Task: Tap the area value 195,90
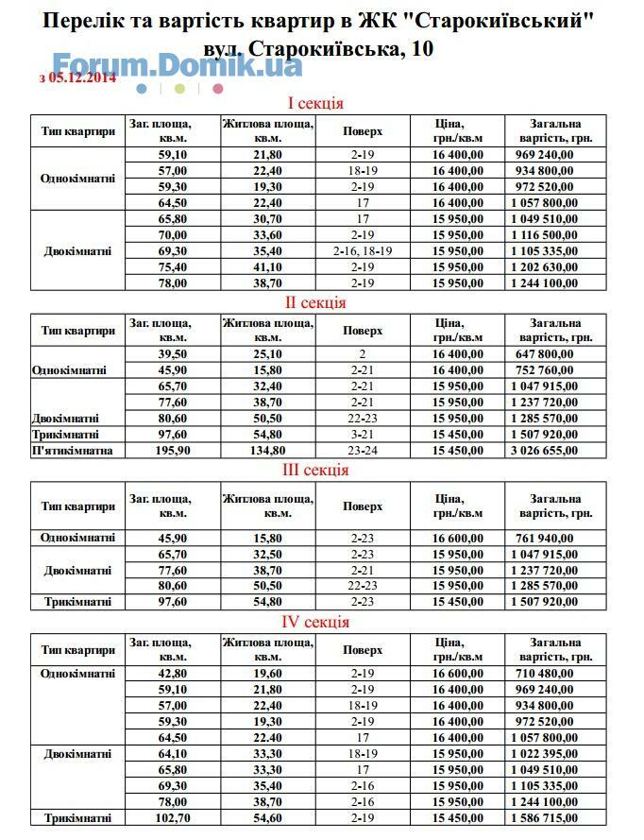pos(173,451)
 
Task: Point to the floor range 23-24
pos(363,451)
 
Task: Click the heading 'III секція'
pos(316,470)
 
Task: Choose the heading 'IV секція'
pos(316,622)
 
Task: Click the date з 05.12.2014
pos(77,78)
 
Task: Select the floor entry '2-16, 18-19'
pos(363,251)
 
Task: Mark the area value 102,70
pos(173,817)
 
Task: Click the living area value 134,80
pos(268,451)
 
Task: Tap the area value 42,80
pos(173,674)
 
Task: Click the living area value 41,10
pos(268,267)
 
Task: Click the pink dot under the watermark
pos(218,89)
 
